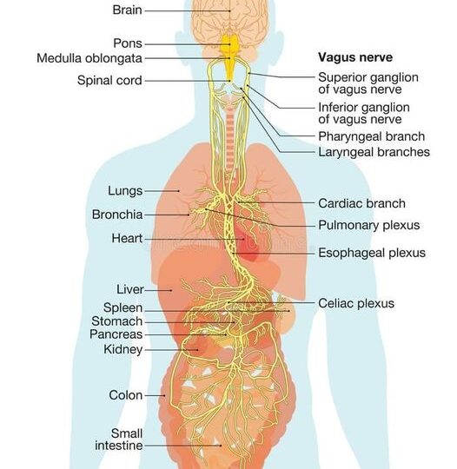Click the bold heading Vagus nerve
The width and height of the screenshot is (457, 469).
[x=355, y=57]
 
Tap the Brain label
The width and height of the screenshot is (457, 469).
[x=127, y=10]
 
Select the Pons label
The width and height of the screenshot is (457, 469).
[x=128, y=43]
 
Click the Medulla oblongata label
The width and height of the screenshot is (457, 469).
[x=89, y=58]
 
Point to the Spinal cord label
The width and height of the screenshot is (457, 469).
[x=109, y=80]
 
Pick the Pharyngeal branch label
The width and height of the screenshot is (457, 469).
[x=371, y=136]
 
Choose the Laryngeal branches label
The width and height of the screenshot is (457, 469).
[x=374, y=152]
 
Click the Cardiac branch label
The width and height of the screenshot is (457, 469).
[x=361, y=203]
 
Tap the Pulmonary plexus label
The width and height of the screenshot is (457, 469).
[x=369, y=225]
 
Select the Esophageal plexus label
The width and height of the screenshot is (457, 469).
[x=372, y=253]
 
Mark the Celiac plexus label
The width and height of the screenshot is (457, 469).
[x=356, y=303]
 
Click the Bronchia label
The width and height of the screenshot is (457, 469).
[x=117, y=215]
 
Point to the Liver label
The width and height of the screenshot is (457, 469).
[x=130, y=289]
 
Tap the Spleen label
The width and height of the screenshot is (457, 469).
[x=123, y=307]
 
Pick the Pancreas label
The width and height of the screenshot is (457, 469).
[x=116, y=334]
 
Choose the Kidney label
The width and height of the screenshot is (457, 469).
[x=123, y=349]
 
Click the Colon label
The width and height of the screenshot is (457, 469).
[x=126, y=395]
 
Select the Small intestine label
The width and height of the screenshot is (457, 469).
[x=119, y=439]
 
